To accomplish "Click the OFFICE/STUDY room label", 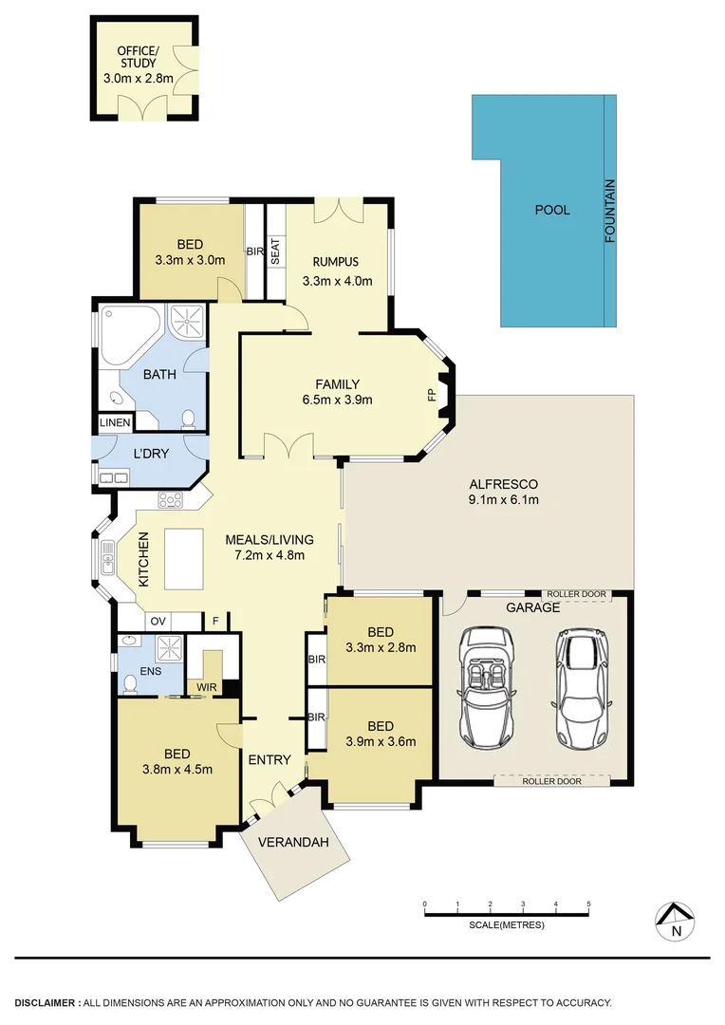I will pyautogui.click(x=138, y=56).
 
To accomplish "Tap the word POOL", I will pyautogui.click(x=552, y=210).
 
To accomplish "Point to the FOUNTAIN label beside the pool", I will pyautogui.click(x=610, y=211).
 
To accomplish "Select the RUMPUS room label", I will pyautogui.click(x=337, y=262).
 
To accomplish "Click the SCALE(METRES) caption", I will pyautogui.click(x=507, y=924).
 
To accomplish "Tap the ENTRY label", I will pyautogui.click(x=270, y=759).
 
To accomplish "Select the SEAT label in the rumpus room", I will pyautogui.click(x=275, y=252).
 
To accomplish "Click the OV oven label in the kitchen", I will pyautogui.click(x=158, y=622).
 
